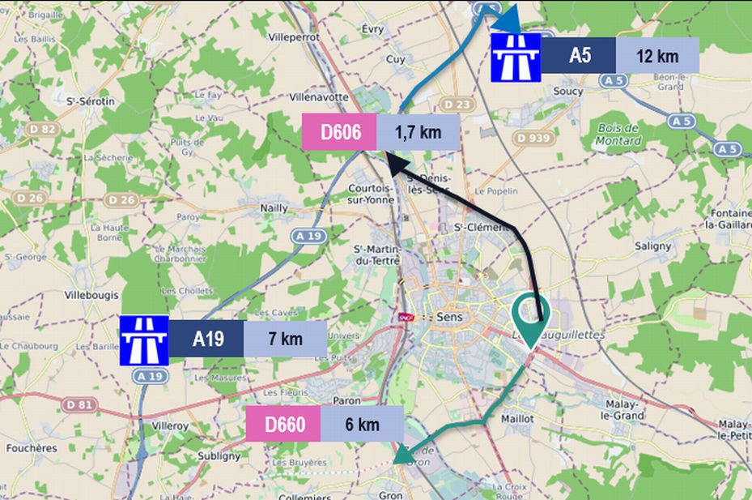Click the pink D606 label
pyautogui.click(x=339, y=132)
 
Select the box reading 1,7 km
pyautogui.click(x=418, y=132)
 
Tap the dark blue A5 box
pyautogui.click(x=579, y=56)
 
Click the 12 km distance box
pyautogui.click(x=656, y=56)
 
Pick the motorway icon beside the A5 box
pyautogui.click(x=516, y=56)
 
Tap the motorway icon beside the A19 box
pyautogui.click(x=144, y=340)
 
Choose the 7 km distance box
pyautogui.click(x=284, y=339)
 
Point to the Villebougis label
pyautogui.click(x=91, y=296)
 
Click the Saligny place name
pyautogui.click(x=652, y=246)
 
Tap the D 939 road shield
pyautogui.click(x=533, y=139)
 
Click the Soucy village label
pyautogui.click(x=568, y=92)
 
